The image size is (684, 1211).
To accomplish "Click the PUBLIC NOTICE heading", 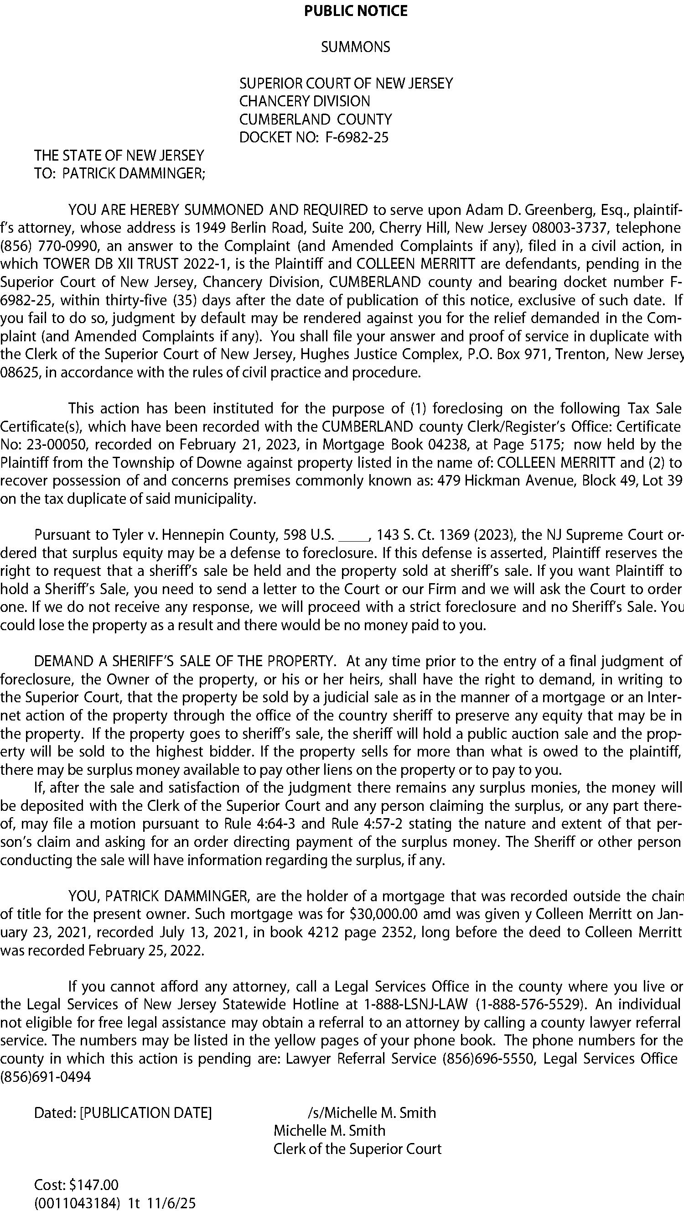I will pos(356,11).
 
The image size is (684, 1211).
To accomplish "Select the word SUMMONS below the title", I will pos(355,47).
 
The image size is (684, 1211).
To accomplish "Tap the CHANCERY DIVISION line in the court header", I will pos(305,101).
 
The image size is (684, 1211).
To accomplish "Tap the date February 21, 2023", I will pos(222,445).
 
